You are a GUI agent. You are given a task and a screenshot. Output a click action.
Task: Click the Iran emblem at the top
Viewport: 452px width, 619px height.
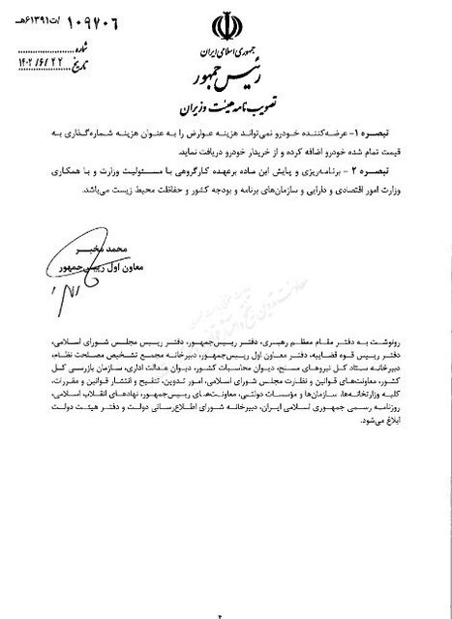pos(225,23)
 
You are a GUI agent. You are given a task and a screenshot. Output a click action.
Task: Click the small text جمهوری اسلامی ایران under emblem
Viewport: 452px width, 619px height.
pos(225,48)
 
